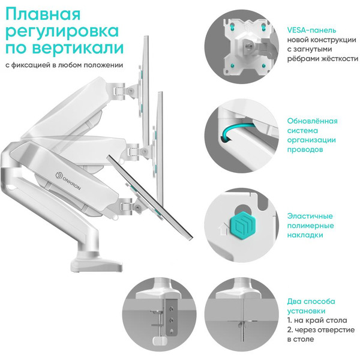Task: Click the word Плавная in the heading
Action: [x=42, y=13]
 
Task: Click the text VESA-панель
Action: [x=311, y=29]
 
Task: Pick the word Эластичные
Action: [x=310, y=216]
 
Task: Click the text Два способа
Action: [x=311, y=301]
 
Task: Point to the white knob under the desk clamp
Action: [x=160, y=340]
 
